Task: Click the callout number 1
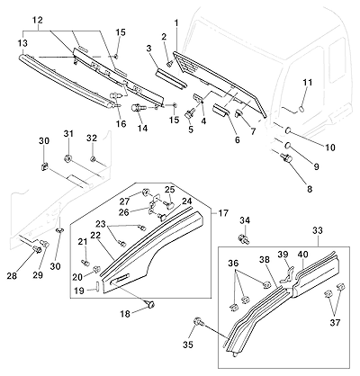176,22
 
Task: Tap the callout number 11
308,82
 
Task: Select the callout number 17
223,213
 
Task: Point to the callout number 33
318,230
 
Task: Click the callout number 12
38,21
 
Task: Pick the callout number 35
189,345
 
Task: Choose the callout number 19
79,291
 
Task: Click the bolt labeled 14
139,107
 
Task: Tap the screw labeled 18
150,304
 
